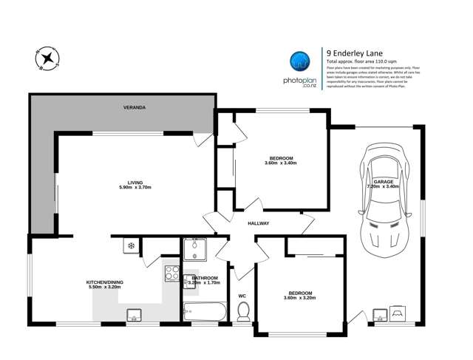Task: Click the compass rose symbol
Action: pos(46,58)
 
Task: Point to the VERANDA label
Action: pos(134,108)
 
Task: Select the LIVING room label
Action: pos(135,181)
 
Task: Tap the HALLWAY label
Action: pos(258,223)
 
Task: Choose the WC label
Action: pos(242,297)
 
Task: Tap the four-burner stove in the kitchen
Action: pos(171,274)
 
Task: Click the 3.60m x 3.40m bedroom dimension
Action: pos(282,163)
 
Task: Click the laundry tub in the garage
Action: pos(381,316)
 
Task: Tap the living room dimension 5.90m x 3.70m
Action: pos(135,188)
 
